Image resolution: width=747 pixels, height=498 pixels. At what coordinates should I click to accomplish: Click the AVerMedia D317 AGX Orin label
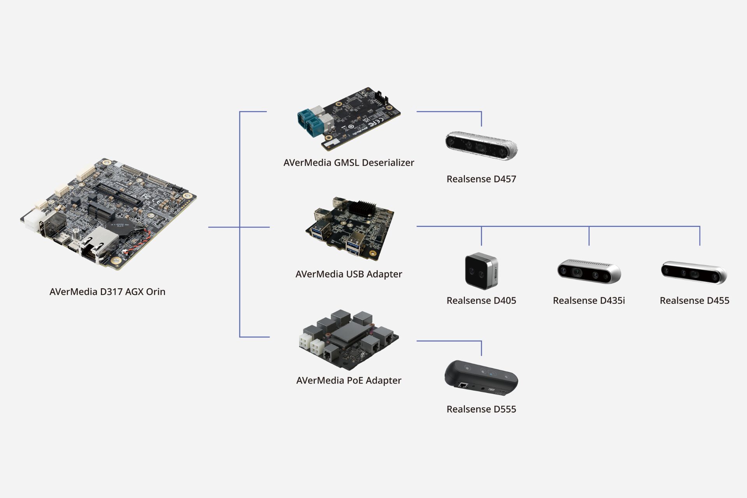coord(107,292)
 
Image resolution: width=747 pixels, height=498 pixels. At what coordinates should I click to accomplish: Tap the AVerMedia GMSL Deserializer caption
coord(349,163)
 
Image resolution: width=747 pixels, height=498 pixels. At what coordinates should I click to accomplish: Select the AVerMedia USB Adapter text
coord(349,274)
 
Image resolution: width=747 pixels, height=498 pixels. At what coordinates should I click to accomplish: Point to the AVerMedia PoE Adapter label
coord(349,381)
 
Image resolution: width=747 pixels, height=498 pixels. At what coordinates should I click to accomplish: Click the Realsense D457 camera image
coord(481,146)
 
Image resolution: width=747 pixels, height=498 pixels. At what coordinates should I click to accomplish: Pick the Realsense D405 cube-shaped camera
coord(481,271)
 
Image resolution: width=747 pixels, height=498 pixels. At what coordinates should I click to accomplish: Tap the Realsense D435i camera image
coord(589,272)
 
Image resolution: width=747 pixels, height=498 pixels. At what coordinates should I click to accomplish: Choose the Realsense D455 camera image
coord(694,272)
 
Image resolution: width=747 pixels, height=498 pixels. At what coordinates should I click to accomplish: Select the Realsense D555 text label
coord(481,409)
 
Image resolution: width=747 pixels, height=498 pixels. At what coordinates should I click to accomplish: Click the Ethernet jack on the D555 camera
coord(463,386)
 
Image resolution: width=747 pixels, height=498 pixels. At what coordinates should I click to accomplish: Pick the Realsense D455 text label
coord(694,301)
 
